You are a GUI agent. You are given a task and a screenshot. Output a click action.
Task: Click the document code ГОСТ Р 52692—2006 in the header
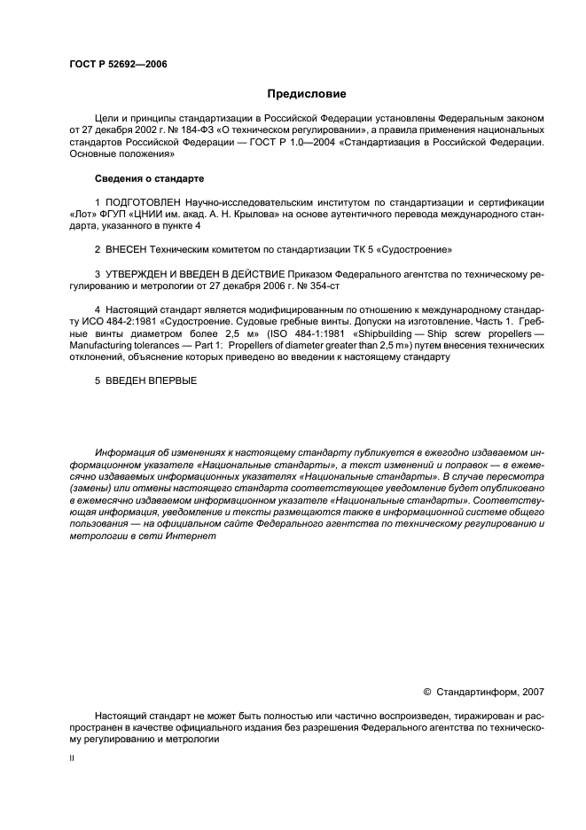118,64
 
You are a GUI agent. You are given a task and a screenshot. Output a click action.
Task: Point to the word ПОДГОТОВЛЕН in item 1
145,204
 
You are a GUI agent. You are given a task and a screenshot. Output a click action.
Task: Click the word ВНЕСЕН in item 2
125,250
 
